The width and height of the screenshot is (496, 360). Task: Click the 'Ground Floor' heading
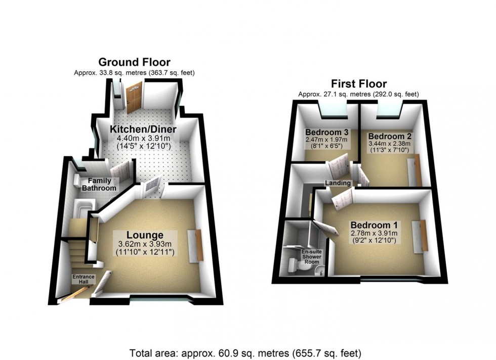pos(134,62)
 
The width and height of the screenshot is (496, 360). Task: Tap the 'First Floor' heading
pos(358,84)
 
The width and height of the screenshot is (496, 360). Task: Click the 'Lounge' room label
pos(145,235)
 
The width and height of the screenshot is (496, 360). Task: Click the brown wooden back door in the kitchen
pos(134,99)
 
